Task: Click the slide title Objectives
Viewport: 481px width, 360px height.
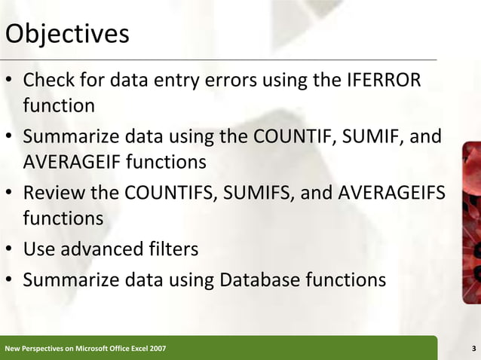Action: click(67, 35)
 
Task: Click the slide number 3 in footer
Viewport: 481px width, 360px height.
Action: click(472, 349)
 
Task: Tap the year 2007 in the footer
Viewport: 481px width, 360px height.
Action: click(158, 349)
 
